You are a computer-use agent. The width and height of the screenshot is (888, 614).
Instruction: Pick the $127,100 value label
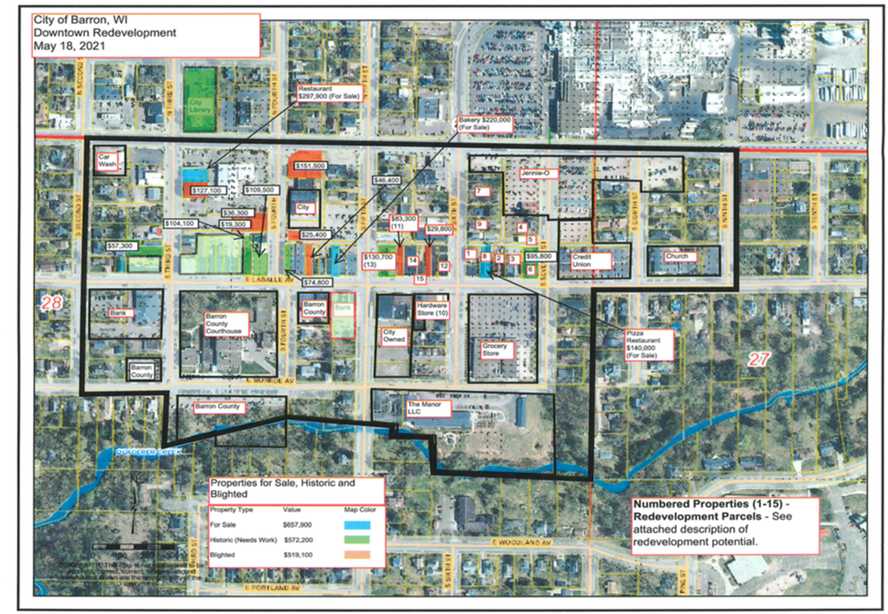point(208,190)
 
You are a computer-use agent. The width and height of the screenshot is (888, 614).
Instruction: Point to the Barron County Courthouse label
point(224,325)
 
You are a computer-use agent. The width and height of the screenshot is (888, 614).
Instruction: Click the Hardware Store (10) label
point(432,309)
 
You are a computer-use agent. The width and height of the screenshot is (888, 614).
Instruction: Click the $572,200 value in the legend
point(299,539)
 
